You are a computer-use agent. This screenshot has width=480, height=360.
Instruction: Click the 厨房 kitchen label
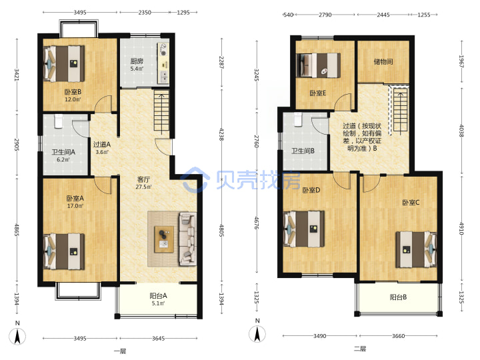(x=137, y=61)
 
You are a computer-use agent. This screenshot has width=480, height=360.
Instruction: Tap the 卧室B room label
(x=73, y=92)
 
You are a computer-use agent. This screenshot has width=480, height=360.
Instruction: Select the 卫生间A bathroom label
(x=63, y=152)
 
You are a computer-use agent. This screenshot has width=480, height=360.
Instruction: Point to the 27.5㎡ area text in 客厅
(x=143, y=187)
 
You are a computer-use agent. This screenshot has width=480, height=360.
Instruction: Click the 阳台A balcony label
(x=158, y=296)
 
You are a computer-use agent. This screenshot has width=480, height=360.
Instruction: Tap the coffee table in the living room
(x=164, y=239)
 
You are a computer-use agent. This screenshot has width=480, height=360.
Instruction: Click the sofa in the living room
(x=187, y=239)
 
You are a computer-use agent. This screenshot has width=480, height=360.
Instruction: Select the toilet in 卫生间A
(x=58, y=121)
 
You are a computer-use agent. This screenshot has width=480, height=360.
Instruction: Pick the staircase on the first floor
(x=161, y=112)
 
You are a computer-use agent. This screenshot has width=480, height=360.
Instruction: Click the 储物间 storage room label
(x=383, y=62)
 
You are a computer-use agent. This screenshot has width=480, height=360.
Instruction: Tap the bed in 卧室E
(x=319, y=65)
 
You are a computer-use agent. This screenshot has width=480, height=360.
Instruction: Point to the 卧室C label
(x=411, y=203)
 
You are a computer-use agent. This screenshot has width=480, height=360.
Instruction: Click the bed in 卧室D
(x=304, y=229)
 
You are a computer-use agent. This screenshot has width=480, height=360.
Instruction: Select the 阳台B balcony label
(x=398, y=297)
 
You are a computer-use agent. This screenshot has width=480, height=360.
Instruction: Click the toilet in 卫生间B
(x=298, y=119)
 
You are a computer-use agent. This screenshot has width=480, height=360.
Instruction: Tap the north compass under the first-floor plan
(x=17, y=337)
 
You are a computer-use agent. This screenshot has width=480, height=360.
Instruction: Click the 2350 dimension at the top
(x=145, y=13)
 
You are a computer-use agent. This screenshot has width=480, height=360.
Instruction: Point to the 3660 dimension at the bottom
(x=398, y=336)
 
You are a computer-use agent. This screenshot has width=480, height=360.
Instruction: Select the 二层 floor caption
(x=360, y=349)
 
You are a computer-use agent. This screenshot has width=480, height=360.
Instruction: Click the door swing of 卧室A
(x=103, y=185)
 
